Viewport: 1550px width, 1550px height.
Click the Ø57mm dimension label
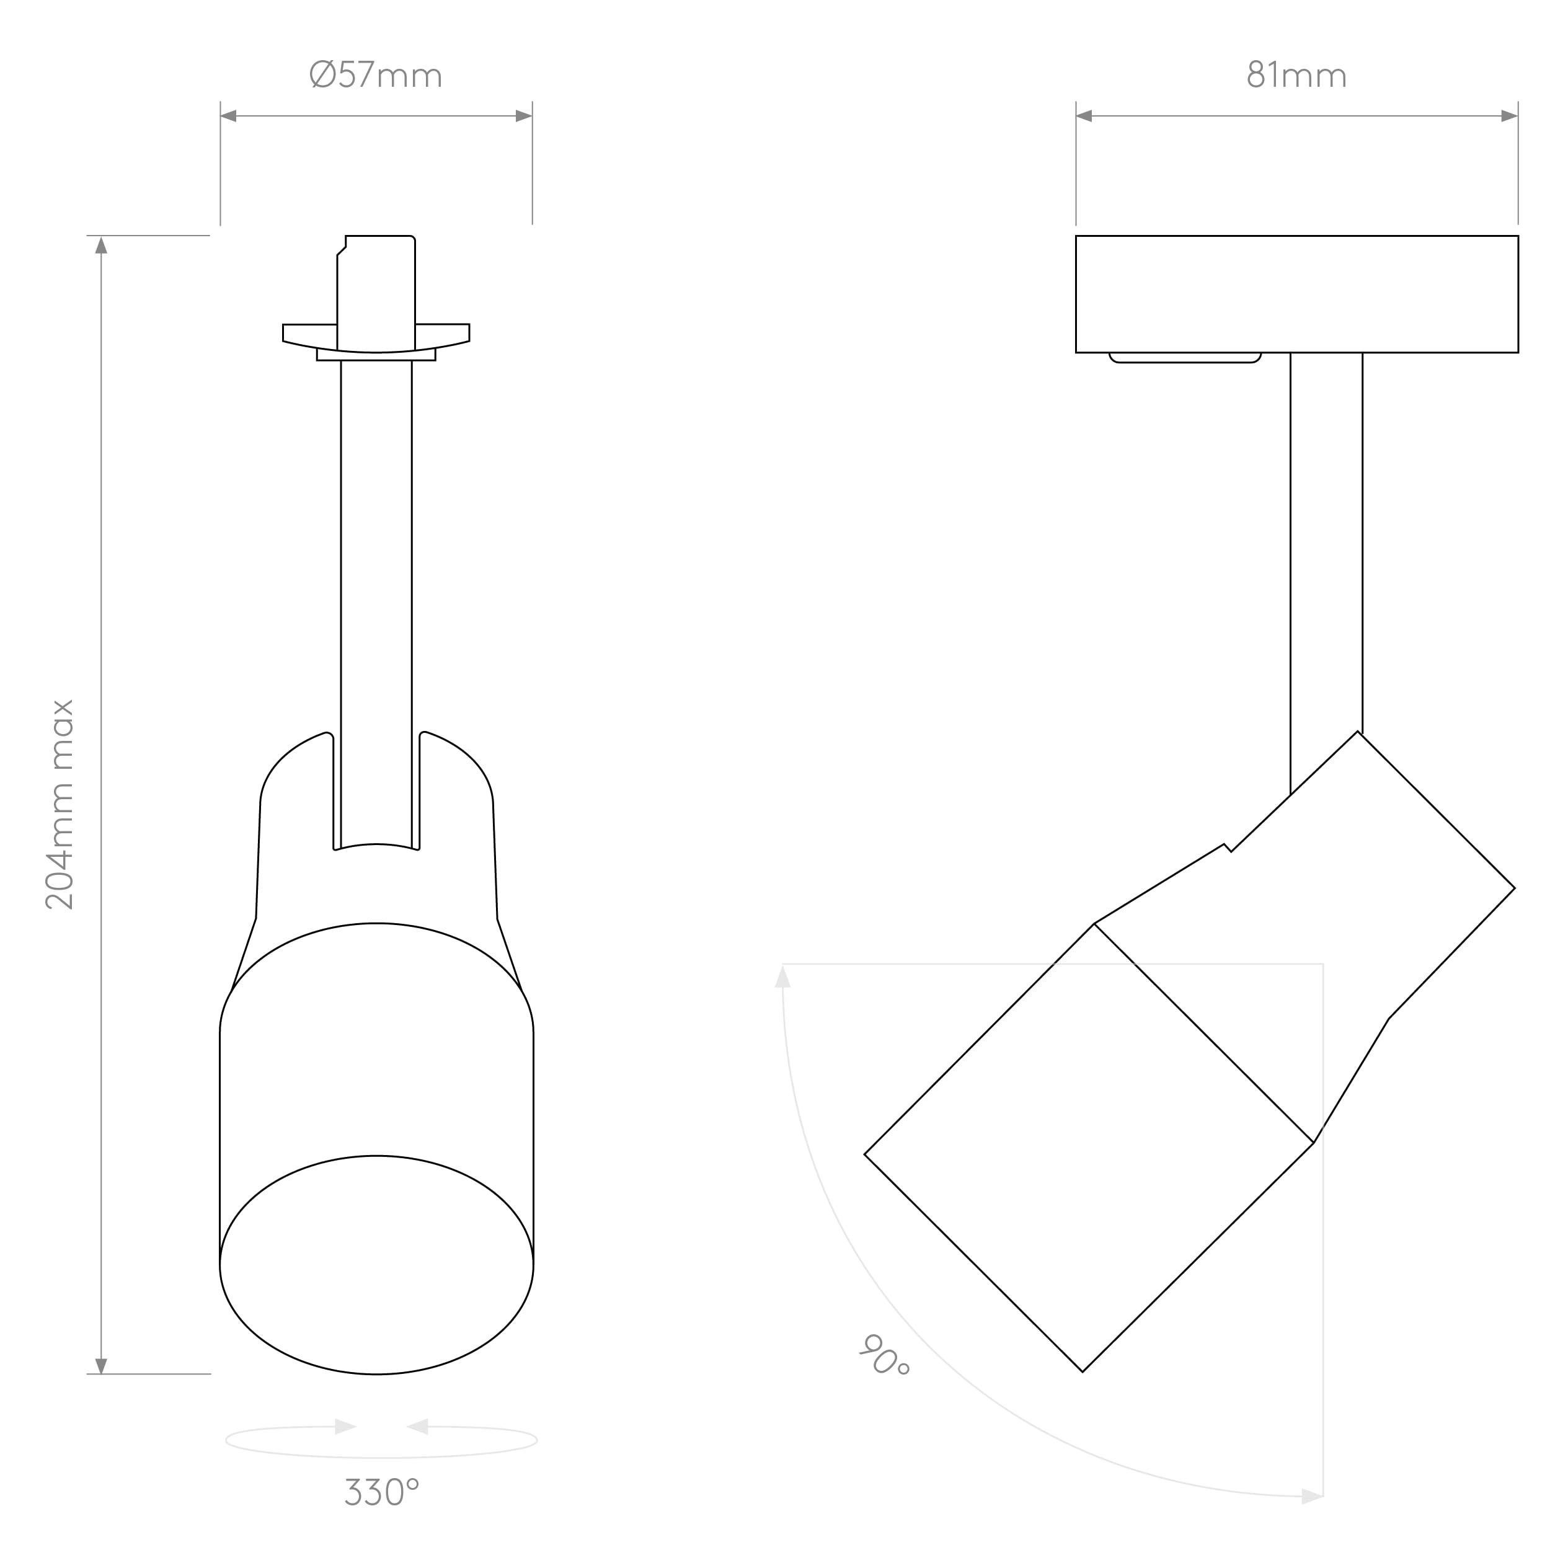pos(376,76)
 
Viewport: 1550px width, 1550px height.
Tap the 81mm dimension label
pos(1296,76)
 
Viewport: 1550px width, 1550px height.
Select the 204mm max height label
pos(60,805)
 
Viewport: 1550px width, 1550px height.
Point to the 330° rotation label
pos(382,1492)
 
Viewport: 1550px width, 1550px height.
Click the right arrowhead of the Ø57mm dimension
pos(524,117)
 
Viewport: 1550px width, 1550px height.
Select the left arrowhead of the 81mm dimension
pos(1084,117)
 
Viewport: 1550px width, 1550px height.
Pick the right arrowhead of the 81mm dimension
pos(1509,117)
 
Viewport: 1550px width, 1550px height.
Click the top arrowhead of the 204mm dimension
pos(101,245)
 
